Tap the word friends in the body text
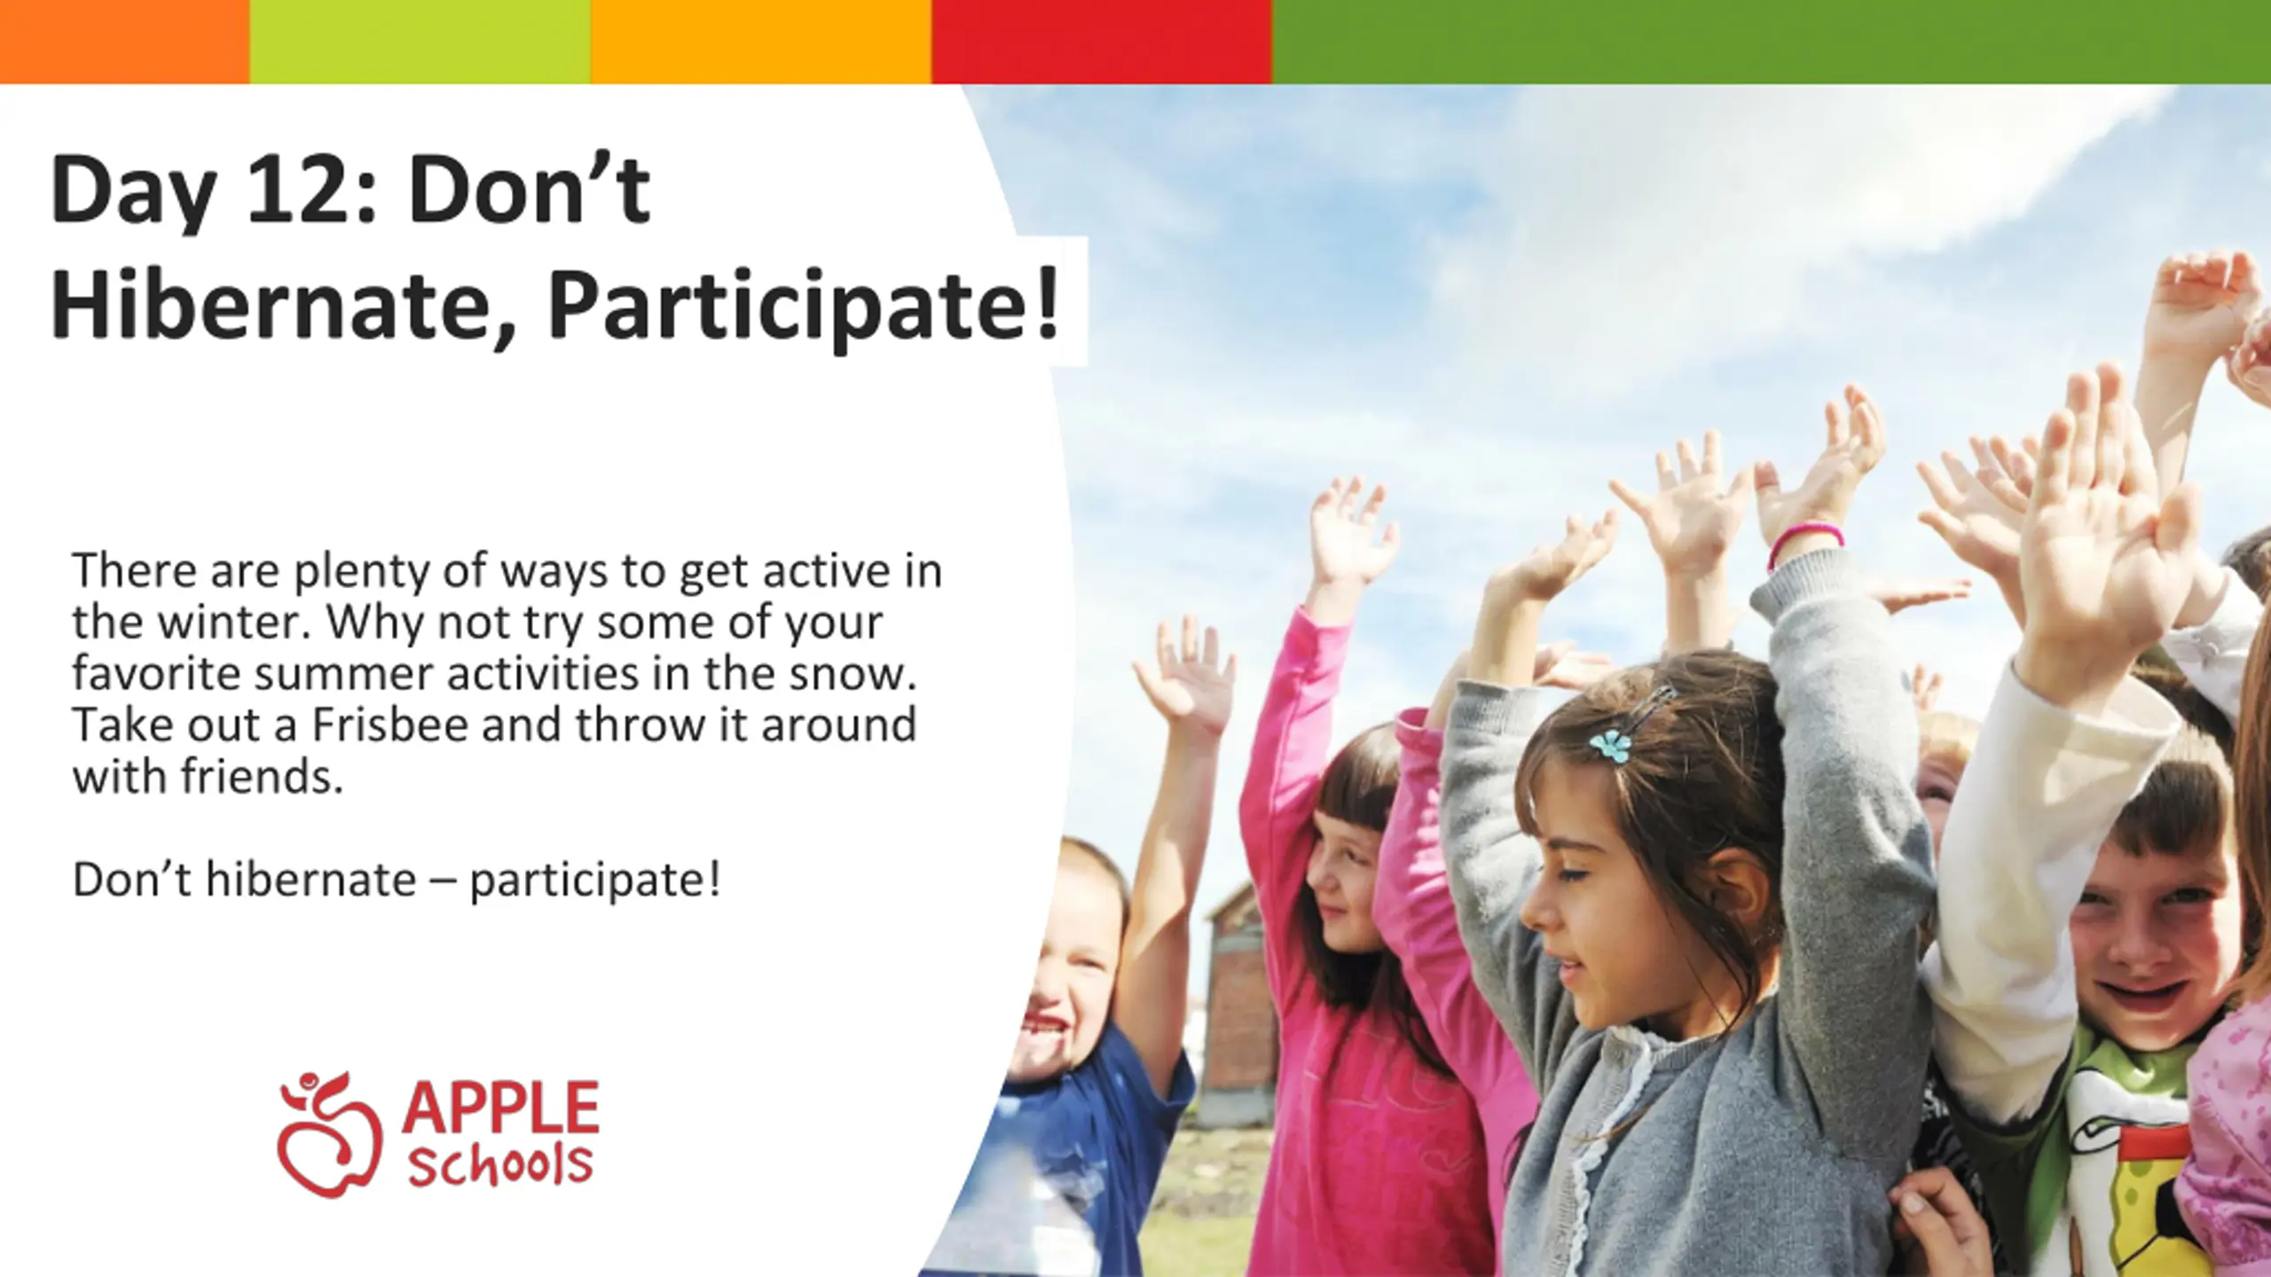(262, 776)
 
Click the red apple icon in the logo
(328, 1135)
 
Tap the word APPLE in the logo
(500, 1106)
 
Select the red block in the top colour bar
(1102, 42)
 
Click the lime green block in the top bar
(420, 42)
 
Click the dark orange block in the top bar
(125, 42)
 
